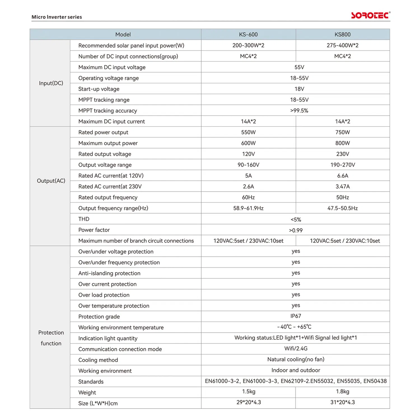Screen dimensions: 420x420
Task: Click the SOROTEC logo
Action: point(370,15)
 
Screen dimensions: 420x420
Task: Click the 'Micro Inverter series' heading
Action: point(57,17)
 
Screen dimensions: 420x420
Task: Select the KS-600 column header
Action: point(248,34)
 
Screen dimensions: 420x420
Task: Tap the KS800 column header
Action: point(342,34)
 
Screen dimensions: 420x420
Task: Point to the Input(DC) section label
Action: point(51,83)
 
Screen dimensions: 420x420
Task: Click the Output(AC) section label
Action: point(51,181)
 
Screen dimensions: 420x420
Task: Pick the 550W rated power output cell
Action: point(248,132)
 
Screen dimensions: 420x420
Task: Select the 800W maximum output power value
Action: point(342,143)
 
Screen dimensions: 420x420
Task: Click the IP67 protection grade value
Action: point(296,316)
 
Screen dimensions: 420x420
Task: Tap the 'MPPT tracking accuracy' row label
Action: point(108,111)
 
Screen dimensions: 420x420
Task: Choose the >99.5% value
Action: point(299,111)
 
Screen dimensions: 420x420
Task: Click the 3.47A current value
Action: point(342,186)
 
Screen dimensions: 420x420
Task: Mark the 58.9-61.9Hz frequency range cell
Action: point(248,208)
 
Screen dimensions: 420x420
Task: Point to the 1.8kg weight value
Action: point(342,392)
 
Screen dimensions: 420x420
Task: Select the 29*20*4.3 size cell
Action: point(249,402)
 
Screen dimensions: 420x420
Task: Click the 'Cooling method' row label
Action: point(98,360)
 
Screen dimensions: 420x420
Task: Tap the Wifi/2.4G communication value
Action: point(296,349)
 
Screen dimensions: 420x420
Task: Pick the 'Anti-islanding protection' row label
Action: point(109,273)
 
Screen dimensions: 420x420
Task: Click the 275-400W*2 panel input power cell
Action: point(342,45)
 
